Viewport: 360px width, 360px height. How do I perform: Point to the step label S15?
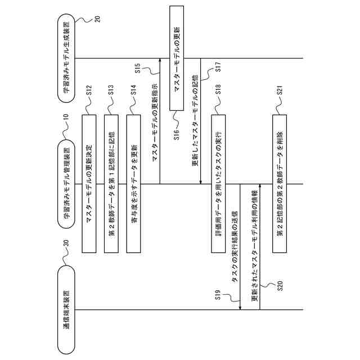tap(138, 70)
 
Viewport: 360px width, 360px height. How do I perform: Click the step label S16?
tap(176, 134)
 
